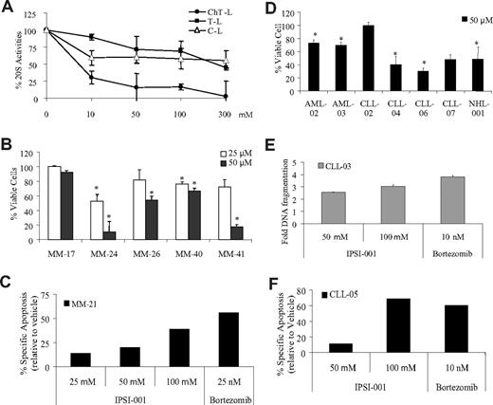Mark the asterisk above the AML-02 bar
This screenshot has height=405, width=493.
pos(328,34)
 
